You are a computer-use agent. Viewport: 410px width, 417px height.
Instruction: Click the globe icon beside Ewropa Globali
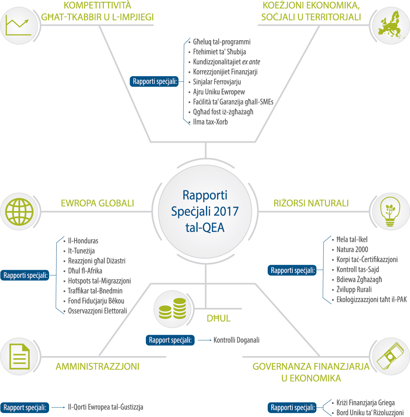click(x=19, y=212)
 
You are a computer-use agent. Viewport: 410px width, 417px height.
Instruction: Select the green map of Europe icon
click(x=391, y=25)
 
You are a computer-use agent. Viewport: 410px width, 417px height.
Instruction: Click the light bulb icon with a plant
click(x=390, y=212)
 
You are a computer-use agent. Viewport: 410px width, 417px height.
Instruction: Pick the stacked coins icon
click(x=172, y=309)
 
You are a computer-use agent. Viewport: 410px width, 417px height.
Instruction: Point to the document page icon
click(x=19, y=356)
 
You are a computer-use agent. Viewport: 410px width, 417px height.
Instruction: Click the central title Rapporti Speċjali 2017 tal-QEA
click(x=205, y=212)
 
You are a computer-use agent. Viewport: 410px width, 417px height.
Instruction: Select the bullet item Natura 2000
click(x=352, y=249)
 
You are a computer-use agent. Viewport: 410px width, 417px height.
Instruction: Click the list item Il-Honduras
click(x=83, y=241)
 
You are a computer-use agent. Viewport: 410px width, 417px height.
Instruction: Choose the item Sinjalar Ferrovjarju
click(x=217, y=82)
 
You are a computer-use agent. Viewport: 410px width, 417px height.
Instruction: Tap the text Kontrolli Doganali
click(x=237, y=340)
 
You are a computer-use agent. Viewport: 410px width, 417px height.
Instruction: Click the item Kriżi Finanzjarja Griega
click(x=366, y=403)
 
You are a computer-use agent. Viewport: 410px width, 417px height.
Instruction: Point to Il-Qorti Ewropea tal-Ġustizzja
click(x=106, y=407)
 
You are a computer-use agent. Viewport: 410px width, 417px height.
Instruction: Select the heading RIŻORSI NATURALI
click(x=311, y=203)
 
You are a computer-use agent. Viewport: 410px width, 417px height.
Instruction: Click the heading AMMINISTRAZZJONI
click(x=97, y=367)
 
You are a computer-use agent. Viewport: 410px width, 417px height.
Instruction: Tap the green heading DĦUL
click(x=219, y=318)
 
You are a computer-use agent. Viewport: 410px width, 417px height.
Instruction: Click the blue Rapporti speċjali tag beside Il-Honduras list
click(x=25, y=275)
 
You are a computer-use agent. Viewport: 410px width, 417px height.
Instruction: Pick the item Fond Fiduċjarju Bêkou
click(x=96, y=301)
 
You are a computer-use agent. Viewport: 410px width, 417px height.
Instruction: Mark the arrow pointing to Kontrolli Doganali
click(x=204, y=340)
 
